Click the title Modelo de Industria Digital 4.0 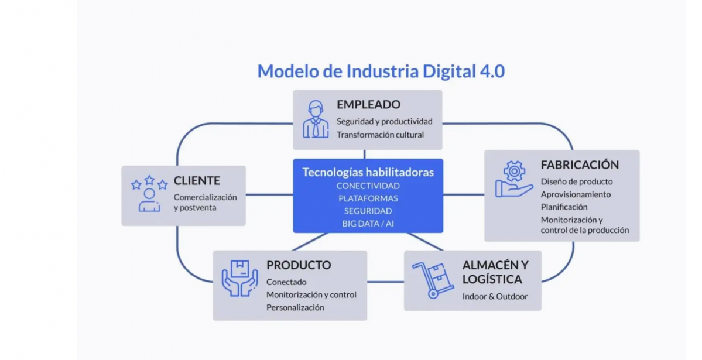pos(381,71)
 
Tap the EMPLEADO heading pos(368,105)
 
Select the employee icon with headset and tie pos(316,119)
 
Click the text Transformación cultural pos(380,135)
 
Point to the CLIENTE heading pos(197,181)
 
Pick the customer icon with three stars pos(149,193)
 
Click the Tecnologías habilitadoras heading pos(368,172)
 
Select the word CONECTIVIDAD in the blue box pos(368,186)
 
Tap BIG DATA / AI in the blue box pos(368,224)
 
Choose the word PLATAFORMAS pos(368,198)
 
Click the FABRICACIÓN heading pos(580,164)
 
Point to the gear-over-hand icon pos(513,179)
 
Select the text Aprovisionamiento pos(576,194)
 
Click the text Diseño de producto pos(577,181)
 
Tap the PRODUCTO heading pos(299,265)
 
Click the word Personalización pos(295,307)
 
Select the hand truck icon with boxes pos(433,280)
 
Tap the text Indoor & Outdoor pos(495,296)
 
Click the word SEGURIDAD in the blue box pos(368,211)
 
